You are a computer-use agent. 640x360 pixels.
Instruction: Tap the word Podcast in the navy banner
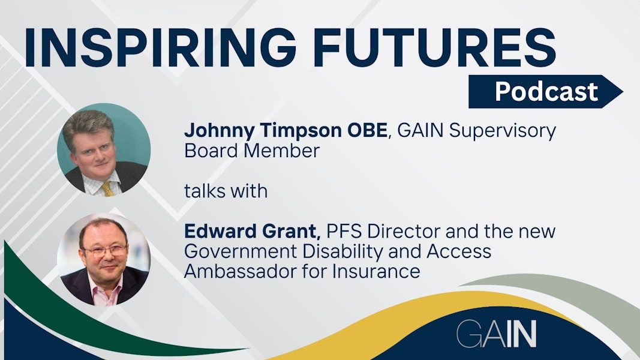(x=546, y=92)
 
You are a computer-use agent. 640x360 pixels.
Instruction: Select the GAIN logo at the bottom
(x=496, y=334)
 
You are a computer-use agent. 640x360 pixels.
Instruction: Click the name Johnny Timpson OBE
(x=286, y=131)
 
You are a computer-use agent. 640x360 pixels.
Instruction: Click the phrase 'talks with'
(x=226, y=191)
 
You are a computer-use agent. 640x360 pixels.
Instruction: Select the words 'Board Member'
(x=252, y=151)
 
